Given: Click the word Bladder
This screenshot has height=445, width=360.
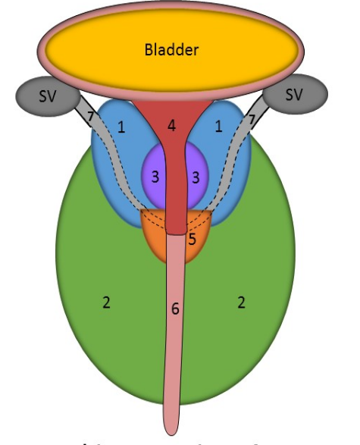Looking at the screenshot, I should point(171,51).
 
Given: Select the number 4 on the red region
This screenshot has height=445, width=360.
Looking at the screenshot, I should point(172,126).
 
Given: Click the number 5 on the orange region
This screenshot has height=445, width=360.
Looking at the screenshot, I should point(192,239).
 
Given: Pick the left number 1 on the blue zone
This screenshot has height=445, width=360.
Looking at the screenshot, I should point(121,127).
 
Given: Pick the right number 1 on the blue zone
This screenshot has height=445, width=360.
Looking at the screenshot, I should point(218,127).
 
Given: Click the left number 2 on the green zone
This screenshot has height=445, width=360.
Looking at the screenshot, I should point(106,302).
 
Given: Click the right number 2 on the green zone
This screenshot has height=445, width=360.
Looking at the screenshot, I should point(241,302).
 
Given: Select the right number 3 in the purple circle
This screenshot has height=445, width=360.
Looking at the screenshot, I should point(196,177).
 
